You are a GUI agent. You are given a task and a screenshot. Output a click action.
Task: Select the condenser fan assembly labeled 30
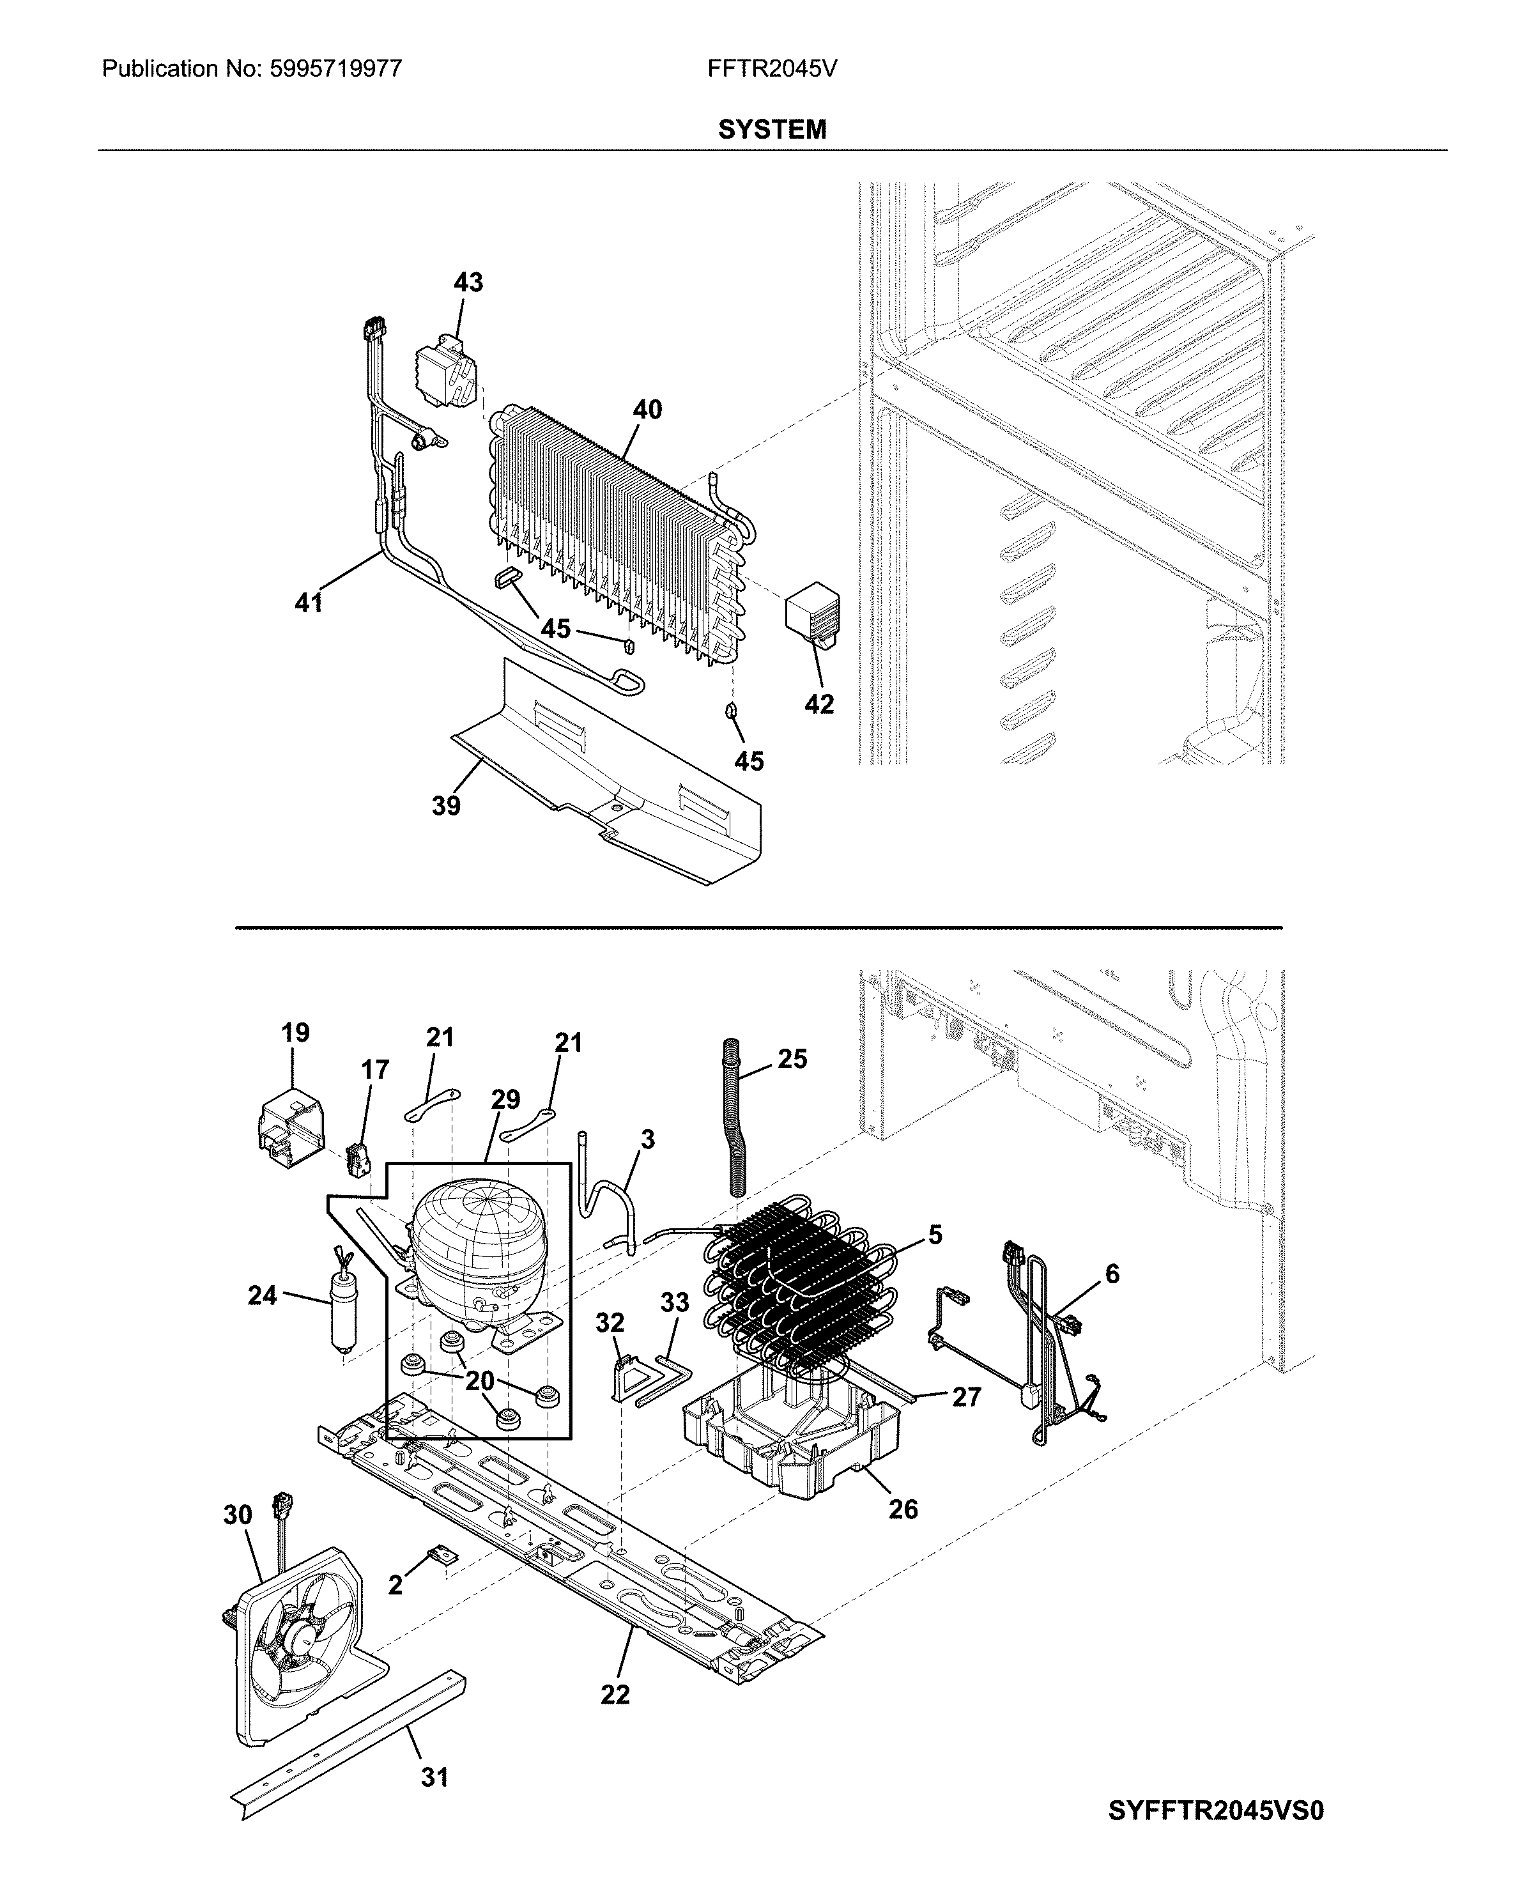click(300, 1638)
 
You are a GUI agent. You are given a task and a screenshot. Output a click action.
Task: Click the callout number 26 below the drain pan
click(903, 1509)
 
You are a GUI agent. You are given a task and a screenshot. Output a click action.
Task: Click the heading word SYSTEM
click(772, 130)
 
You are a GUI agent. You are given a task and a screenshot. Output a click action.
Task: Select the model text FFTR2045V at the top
click(772, 68)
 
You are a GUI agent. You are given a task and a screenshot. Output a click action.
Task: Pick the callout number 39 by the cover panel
click(445, 805)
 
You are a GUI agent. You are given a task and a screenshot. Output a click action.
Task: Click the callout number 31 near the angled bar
click(434, 1777)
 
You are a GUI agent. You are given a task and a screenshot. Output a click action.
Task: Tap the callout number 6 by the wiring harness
click(1112, 1274)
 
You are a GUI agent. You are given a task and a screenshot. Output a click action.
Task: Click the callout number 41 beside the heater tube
click(308, 603)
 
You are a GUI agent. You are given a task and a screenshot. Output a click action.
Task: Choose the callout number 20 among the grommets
click(479, 1381)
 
